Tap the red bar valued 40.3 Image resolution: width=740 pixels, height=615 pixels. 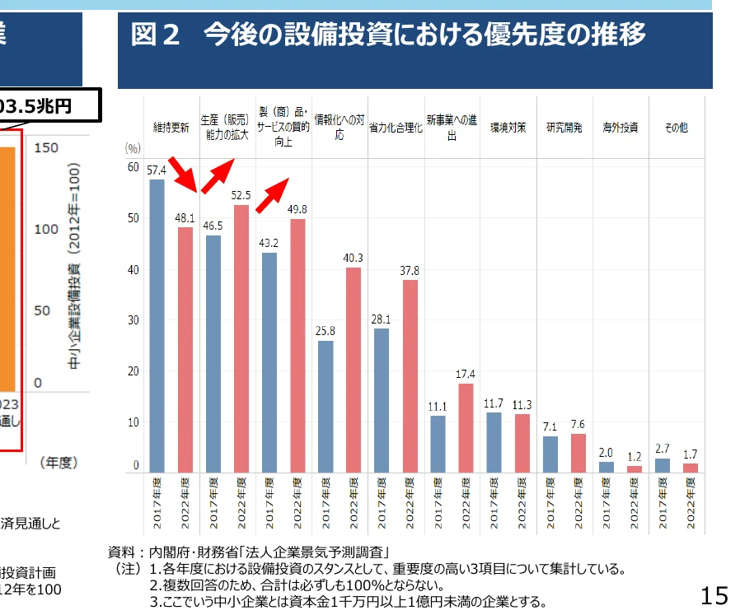(354, 370)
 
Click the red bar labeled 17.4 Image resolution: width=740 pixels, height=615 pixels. (466, 428)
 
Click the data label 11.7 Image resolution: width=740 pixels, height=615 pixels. (494, 403)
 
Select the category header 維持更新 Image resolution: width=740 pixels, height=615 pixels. (171, 128)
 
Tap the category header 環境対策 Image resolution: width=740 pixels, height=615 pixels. (508, 128)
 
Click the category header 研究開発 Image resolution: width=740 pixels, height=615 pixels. (564, 128)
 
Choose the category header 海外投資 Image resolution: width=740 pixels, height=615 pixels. (620, 128)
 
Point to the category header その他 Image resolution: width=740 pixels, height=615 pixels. (676, 128)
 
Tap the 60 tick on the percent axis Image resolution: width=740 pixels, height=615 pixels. (133, 166)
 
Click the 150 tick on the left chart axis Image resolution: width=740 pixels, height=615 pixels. (47, 147)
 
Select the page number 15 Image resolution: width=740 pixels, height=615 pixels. (714, 594)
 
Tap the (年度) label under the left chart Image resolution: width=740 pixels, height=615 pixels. (59, 464)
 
